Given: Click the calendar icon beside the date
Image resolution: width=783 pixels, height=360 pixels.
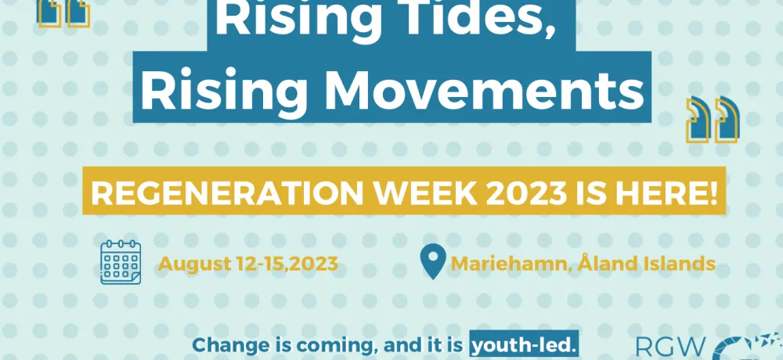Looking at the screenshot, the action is pos(121,262).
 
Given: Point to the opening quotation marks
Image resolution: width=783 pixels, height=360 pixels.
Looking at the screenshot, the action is pos(64,13).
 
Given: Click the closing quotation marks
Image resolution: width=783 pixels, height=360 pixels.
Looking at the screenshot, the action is pos(713,120).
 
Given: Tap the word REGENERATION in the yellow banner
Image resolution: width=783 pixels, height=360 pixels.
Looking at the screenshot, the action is pos(227,193).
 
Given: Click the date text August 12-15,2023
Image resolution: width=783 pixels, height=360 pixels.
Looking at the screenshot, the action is pos(247,263).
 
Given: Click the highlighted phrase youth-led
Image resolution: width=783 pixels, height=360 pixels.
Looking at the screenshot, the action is pos(524,345).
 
